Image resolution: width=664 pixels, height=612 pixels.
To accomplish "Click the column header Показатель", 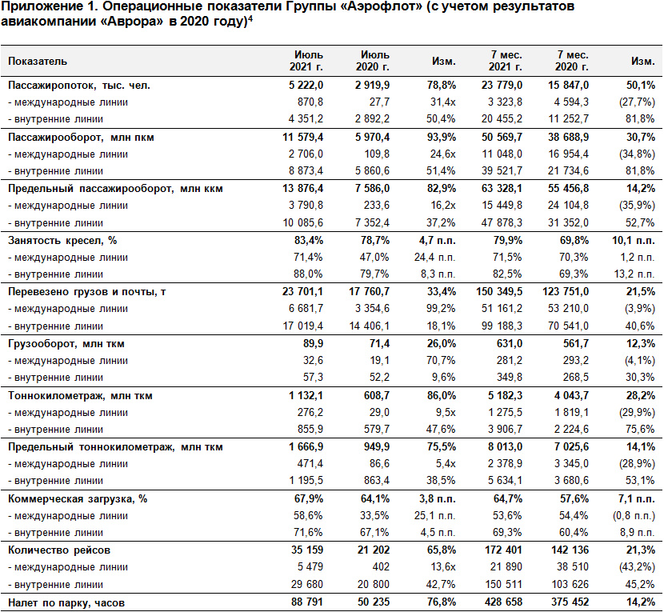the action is point(38,62).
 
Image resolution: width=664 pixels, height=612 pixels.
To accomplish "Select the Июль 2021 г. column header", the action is point(306,61).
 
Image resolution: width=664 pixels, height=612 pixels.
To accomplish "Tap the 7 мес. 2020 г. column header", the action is point(572,61).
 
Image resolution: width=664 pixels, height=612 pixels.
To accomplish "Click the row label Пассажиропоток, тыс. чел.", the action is point(79,86).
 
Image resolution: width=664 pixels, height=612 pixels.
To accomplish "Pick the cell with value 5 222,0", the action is point(306,85).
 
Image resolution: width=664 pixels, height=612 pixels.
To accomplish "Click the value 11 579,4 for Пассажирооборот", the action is point(303,138).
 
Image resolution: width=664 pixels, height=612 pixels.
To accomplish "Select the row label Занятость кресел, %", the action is point(62,241).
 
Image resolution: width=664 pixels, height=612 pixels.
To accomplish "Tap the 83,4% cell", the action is point(309,241).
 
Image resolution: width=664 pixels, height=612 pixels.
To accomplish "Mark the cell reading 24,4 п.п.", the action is point(435,258).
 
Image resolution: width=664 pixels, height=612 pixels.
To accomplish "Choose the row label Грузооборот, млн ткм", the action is point(66,343).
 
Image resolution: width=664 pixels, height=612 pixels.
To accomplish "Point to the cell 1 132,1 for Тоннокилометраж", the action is point(306,395).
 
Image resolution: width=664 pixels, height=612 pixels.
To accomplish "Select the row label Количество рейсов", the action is point(59,550).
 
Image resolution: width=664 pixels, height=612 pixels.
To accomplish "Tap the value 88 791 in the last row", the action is point(307,602).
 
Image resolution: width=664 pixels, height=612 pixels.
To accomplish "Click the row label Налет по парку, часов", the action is point(66,602).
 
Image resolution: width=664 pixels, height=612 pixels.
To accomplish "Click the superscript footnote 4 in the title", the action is point(250,18).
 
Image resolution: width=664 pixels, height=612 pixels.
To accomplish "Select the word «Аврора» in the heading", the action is point(132,21).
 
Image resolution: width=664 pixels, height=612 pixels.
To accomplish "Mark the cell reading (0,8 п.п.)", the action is point(634,516).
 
